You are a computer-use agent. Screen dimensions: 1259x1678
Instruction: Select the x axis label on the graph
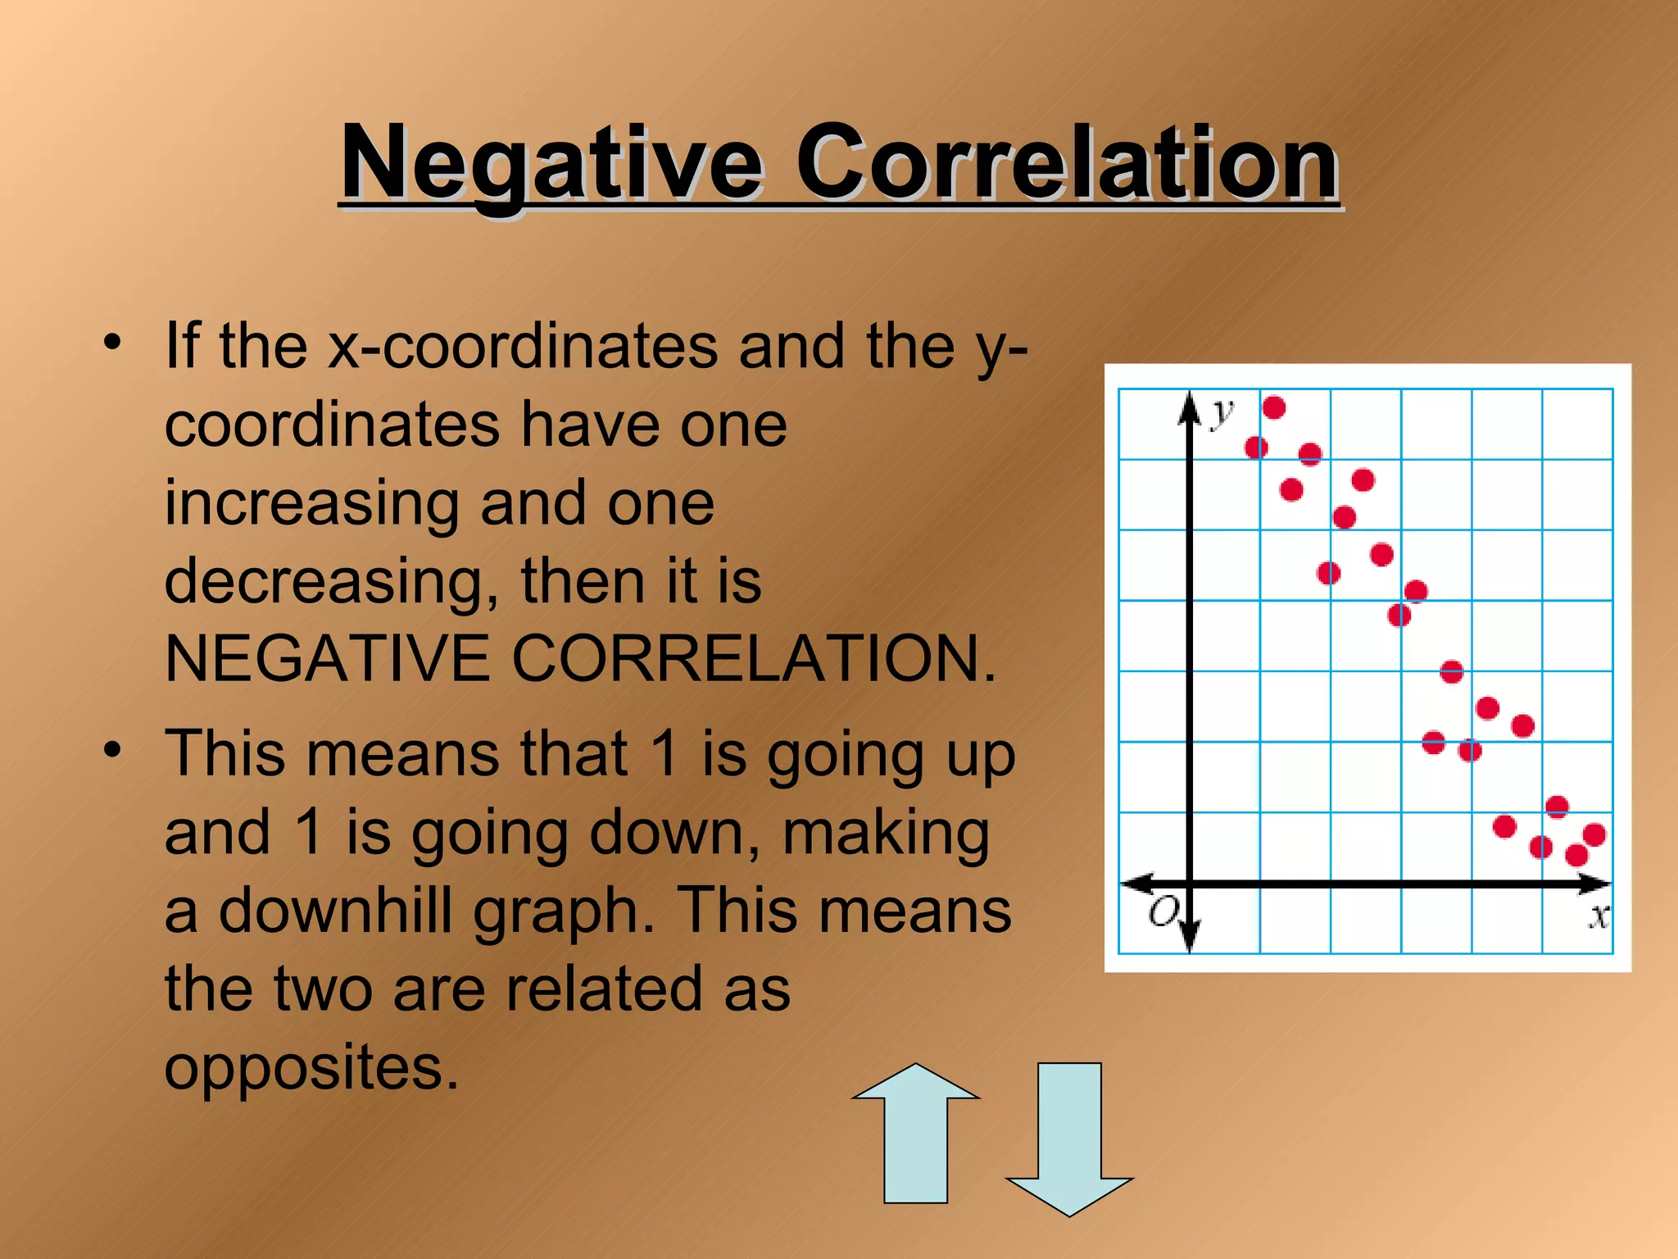point(1599,916)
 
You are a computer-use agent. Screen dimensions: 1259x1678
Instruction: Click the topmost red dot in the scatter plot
point(1274,407)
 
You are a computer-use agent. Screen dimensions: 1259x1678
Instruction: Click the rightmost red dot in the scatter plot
point(1594,835)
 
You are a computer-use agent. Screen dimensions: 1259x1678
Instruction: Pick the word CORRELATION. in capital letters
point(754,659)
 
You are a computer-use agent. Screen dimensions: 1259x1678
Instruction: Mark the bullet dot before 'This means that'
point(113,749)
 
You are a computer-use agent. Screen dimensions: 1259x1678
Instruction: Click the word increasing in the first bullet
point(311,503)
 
